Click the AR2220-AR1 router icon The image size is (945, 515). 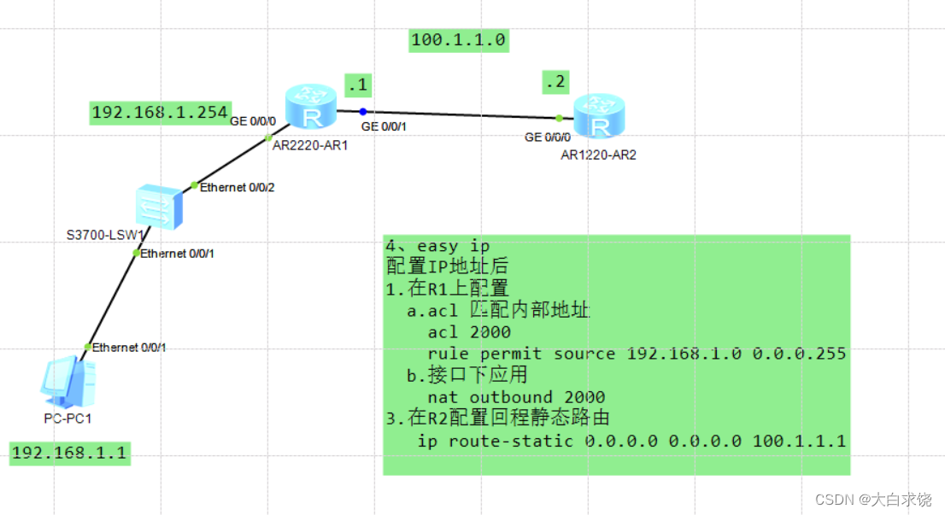click(311, 108)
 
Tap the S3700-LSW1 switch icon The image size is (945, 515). click(159, 206)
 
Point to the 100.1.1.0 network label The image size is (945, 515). click(459, 39)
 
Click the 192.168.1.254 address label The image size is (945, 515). click(159, 113)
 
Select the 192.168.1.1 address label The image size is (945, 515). click(69, 454)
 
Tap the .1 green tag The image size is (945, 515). click(356, 84)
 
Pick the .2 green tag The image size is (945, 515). click(555, 82)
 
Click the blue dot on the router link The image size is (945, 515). click(363, 111)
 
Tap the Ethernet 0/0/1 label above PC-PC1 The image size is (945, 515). click(129, 347)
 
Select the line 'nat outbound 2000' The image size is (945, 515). click(516, 397)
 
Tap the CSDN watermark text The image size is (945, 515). click(872, 499)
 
